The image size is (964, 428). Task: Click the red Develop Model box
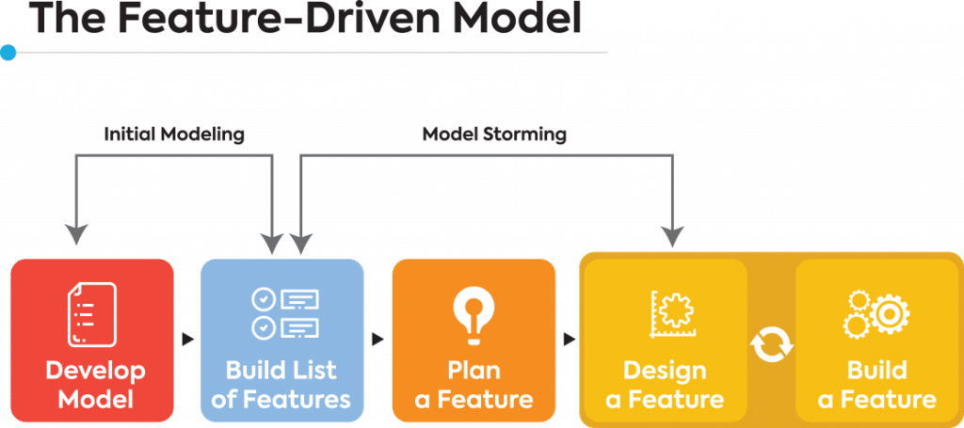(x=92, y=340)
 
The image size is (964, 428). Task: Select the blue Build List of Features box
(x=282, y=340)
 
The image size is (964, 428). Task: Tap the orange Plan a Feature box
(x=474, y=340)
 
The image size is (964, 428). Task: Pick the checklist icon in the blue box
(x=283, y=313)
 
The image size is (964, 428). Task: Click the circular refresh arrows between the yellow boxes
(x=771, y=345)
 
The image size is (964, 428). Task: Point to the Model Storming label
(x=494, y=134)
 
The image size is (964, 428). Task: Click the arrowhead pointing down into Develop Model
(x=76, y=235)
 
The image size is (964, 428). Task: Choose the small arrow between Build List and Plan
(x=378, y=336)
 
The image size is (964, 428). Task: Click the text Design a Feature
(x=665, y=384)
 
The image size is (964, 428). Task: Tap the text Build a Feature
(x=876, y=384)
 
